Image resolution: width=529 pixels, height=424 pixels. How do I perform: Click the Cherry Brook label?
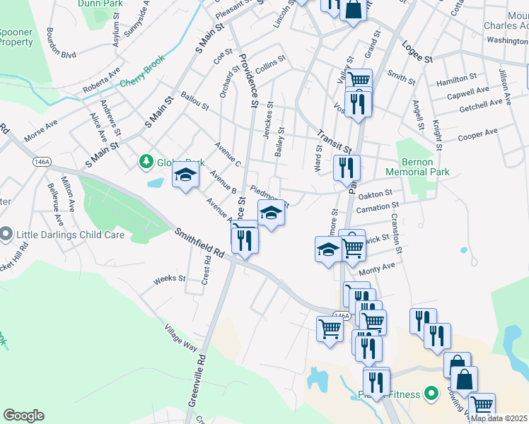[x=141, y=71]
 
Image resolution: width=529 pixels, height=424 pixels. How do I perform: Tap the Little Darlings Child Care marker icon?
[x=6, y=234]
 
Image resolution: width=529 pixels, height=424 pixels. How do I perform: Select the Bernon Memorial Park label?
[x=417, y=166]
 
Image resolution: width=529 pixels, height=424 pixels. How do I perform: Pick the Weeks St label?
[x=169, y=278]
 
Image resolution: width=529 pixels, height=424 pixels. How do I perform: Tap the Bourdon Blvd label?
[x=59, y=44]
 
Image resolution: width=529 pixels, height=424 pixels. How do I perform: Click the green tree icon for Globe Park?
[x=146, y=162]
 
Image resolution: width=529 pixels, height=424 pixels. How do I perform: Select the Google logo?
[x=23, y=416]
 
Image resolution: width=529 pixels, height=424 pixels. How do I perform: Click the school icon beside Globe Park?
[x=186, y=175]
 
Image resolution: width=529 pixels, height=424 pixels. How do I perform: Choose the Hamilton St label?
[x=456, y=78]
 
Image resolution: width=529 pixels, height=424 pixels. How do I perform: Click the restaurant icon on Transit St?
[x=347, y=167]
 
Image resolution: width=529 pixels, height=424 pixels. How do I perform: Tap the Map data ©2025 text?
[x=499, y=418]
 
